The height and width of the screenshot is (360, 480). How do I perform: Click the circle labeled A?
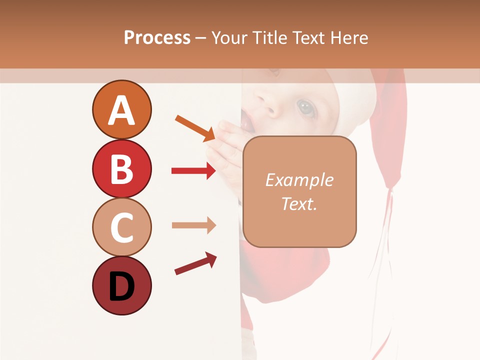121,109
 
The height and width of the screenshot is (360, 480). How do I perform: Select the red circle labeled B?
121,168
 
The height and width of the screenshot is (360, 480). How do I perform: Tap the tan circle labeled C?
121,227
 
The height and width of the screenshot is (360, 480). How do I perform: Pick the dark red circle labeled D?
121,285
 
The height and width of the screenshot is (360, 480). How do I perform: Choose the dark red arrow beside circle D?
195,263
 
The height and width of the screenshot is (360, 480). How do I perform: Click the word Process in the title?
157,37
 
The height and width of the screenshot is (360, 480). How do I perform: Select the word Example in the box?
299,180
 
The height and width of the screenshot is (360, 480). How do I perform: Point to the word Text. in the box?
299,203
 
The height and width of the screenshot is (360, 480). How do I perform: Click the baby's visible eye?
305,106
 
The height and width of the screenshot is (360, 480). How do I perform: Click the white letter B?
121,169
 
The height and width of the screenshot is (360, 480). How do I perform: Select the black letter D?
121,286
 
